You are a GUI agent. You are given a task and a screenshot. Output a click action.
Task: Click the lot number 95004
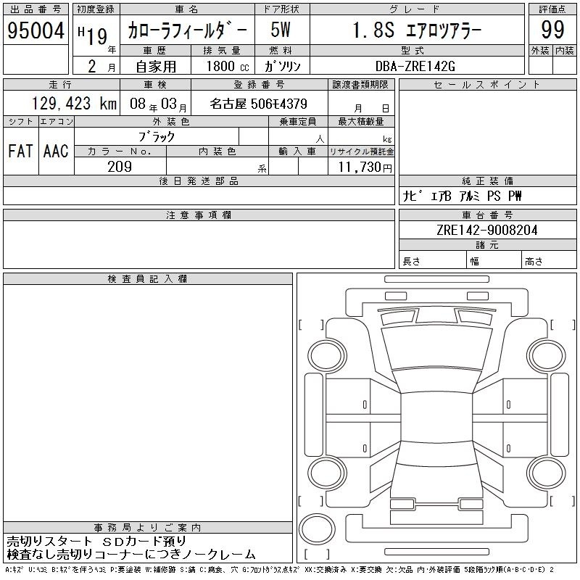click(x=36, y=30)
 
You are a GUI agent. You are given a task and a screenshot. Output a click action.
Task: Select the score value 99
click(x=552, y=30)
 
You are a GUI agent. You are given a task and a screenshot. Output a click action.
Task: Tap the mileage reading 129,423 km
click(x=74, y=103)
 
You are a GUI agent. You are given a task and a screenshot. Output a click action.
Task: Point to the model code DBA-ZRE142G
click(x=415, y=66)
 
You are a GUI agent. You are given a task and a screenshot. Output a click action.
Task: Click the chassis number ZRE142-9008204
click(x=486, y=230)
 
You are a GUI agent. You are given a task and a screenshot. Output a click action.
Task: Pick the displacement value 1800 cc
click(x=228, y=66)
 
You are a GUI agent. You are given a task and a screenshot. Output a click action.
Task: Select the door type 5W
click(x=281, y=30)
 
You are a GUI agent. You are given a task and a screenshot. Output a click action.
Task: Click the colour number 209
click(x=120, y=167)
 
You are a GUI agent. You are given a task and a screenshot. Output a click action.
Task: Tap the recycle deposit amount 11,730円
click(x=365, y=167)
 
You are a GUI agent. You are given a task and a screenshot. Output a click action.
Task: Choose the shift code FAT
click(x=20, y=151)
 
